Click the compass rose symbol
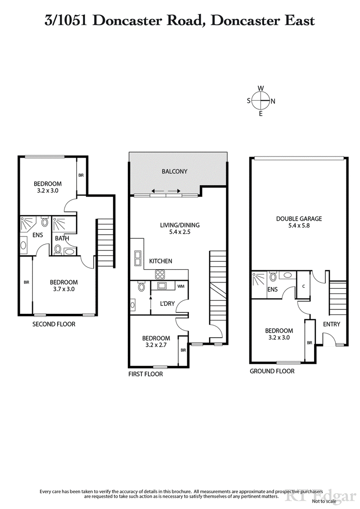(x=261, y=101)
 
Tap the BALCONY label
(x=174, y=171)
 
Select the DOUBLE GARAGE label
(x=299, y=219)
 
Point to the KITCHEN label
(x=160, y=261)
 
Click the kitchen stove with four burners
(x=160, y=274)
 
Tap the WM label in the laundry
(x=181, y=286)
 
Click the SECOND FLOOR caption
(x=54, y=324)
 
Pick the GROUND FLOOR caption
(x=272, y=371)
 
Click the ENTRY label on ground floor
(x=332, y=324)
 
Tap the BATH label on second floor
(x=61, y=238)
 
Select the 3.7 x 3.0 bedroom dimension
(x=63, y=290)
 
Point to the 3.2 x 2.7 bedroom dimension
(x=156, y=346)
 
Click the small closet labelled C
(x=304, y=286)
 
